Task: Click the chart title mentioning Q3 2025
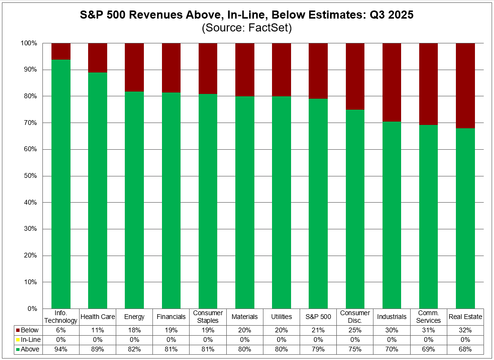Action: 246,15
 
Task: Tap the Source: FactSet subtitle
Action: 246,28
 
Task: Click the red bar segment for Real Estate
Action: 465,86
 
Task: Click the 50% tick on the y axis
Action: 30,176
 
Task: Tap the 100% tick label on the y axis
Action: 28,43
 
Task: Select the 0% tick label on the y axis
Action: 31,309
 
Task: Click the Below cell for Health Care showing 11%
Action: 97,330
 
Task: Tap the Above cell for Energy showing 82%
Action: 134,350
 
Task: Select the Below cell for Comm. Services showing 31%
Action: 429,330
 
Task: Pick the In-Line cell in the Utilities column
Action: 281,340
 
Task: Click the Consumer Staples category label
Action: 208,317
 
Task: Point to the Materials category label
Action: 244,317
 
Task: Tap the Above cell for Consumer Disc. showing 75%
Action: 355,350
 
